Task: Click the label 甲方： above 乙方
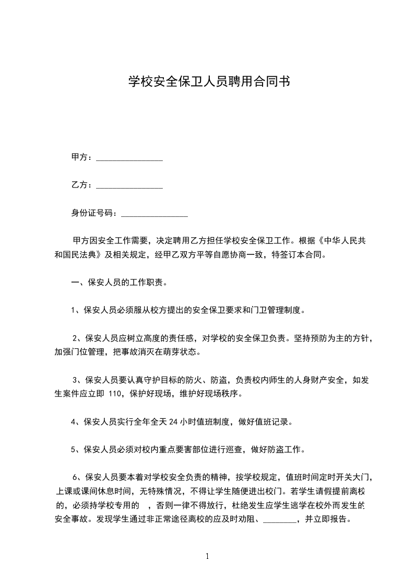coord(82,157)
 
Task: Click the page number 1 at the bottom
coord(207,556)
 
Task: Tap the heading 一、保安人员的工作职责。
coord(119,283)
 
